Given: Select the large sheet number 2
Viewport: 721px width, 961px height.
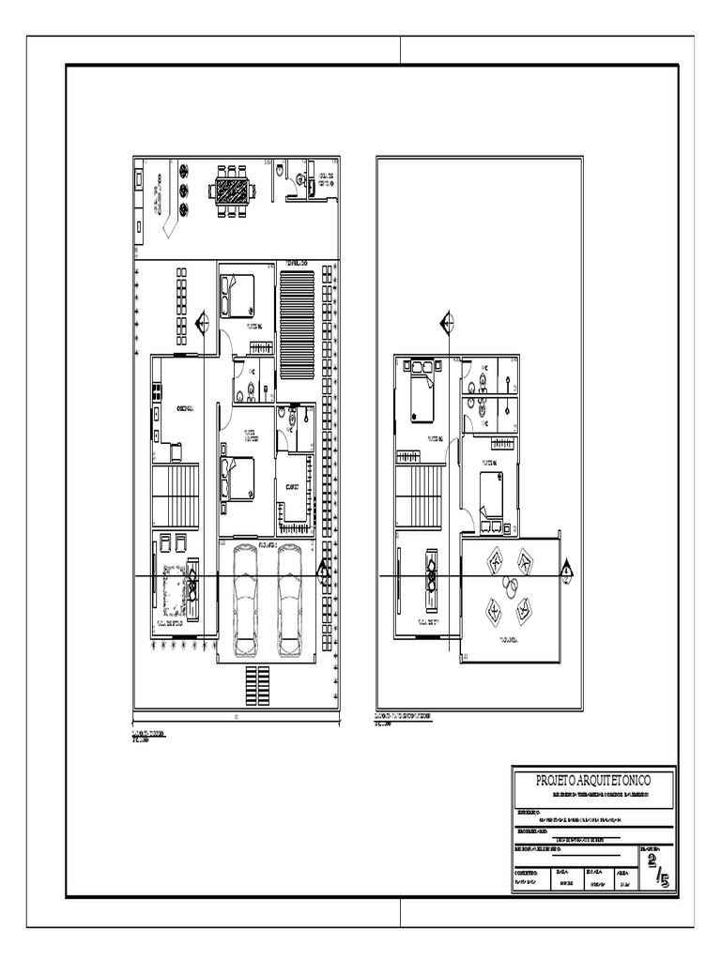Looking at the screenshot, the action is pyautogui.click(x=652, y=864).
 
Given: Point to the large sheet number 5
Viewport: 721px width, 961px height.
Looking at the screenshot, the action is pyautogui.click(x=664, y=879).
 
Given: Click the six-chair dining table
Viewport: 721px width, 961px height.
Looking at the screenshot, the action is pyautogui.click(x=231, y=190).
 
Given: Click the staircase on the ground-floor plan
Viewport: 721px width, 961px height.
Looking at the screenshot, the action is pyautogui.click(x=176, y=495).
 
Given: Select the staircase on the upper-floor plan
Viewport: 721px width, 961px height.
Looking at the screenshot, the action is pyautogui.click(x=419, y=495).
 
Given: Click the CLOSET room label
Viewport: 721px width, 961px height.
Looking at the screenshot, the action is pyautogui.click(x=293, y=487).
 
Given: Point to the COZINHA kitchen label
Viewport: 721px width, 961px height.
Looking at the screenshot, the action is pyautogui.click(x=185, y=408).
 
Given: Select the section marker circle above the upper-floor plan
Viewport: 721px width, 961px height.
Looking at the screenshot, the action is pyautogui.click(x=448, y=324).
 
